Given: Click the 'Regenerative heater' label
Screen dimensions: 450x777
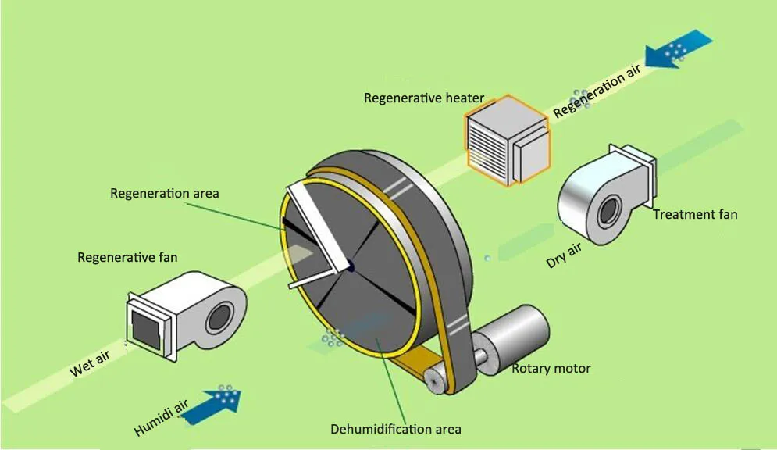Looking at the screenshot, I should point(424,98).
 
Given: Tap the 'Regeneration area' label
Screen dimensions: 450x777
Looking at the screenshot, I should point(165,193).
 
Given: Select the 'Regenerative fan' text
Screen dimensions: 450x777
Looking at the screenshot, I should point(127,257).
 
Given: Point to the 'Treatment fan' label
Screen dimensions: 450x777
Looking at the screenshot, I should point(694,214).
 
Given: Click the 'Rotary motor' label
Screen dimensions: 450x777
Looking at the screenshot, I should point(551,368).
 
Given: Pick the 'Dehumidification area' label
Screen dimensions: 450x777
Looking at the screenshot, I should point(395,429).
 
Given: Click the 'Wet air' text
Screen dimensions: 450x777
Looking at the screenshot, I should point(93,364).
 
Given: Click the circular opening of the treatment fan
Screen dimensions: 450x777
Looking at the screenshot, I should point(607,210).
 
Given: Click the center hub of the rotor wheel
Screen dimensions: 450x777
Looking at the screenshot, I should point(350,266).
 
